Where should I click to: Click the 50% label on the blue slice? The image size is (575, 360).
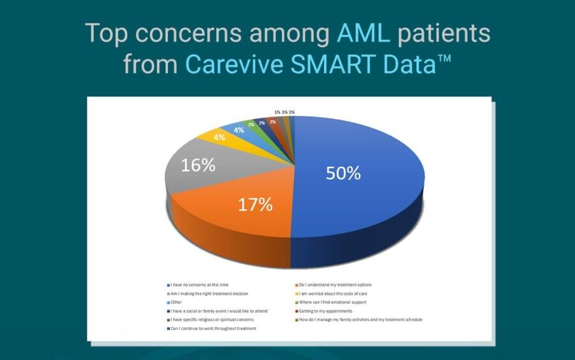[343, 173]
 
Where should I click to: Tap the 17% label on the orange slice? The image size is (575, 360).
[256, 205]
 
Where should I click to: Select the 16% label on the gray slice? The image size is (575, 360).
[198, 165]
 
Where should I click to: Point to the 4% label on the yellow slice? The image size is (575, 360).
[219, 137]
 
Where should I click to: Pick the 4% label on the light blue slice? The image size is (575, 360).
[238, 130]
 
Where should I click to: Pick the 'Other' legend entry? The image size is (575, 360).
[176, 302]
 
